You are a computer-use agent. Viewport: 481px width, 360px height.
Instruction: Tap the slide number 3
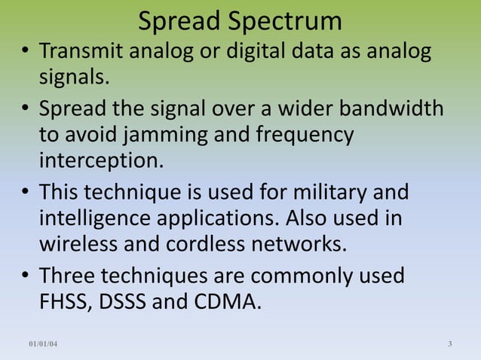point(449,345)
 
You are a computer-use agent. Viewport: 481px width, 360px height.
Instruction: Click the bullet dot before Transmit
point(25,53)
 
